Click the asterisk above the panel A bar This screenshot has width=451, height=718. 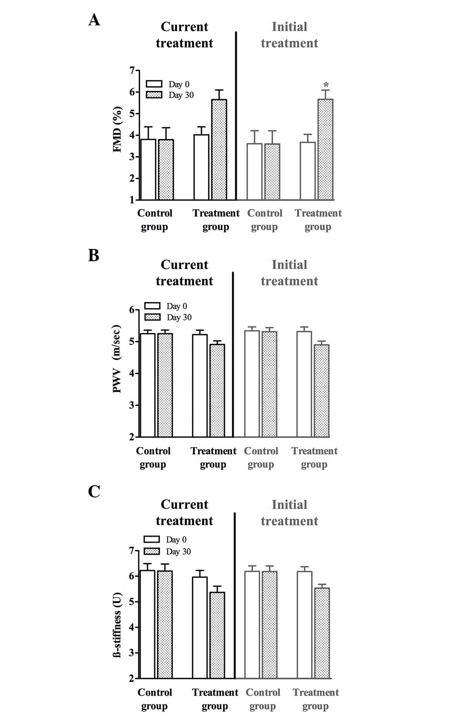click(326, 85)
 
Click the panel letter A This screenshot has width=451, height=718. click(94, 20)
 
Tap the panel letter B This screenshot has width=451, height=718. click(94, 255)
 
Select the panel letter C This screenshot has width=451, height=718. click(94, 492)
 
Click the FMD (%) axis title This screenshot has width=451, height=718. click(117, 130)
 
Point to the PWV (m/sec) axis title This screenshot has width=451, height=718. click(117, 359)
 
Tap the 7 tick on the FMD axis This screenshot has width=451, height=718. click(131, 71)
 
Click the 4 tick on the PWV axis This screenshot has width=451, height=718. click(131, 373)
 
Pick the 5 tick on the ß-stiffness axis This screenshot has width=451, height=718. click(131, 602)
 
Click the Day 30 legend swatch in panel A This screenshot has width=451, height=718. click(154, 95)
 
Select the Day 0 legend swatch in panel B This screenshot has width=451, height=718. click(152, 306)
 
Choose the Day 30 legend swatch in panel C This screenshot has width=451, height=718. click(151, 551)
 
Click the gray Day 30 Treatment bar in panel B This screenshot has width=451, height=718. click(321, 390)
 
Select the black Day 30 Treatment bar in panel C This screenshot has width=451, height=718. click(217, 635)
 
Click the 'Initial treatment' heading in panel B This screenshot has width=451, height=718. click(289, 273)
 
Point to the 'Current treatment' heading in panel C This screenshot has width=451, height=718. click(184, 512)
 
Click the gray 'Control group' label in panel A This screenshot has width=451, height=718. click(265, 220)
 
